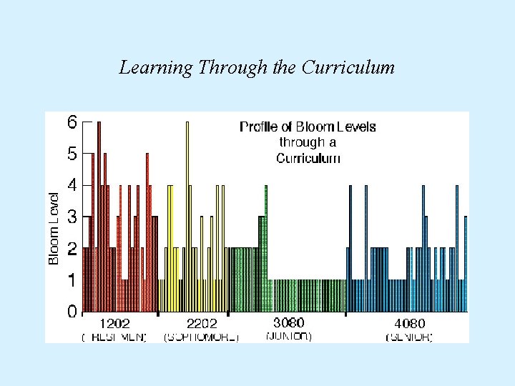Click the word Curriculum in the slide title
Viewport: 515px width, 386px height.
[x=348, y=68]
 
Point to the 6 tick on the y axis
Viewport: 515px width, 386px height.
[x=72, y=122]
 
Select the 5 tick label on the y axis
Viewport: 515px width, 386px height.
[x=72, y=154]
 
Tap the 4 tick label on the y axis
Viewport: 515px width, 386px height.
[x=72, y=185]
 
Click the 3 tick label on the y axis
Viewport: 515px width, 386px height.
[x=72, y=217]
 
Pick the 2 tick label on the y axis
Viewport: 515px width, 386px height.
[x=72, y=249]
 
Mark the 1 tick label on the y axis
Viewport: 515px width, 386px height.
[x=72, y=280]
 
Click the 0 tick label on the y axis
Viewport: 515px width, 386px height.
[x=72, y=312]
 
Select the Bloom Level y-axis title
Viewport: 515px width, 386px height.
[x=54, y=227]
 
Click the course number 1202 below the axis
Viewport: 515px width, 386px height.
[x=114, y=324]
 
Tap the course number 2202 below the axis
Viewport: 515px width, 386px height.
[x=202, y=324]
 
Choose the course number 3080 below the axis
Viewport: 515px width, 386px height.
[x=289, y=322]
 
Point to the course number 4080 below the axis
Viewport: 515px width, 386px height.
[x=410, y=324]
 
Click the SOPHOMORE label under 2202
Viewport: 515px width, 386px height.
[x=202, y=337]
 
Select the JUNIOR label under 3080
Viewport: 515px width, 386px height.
[x=289, y=335]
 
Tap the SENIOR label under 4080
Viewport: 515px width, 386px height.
[x=410, y=337]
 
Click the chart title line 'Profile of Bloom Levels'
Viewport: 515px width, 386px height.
[x=308, y=127]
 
